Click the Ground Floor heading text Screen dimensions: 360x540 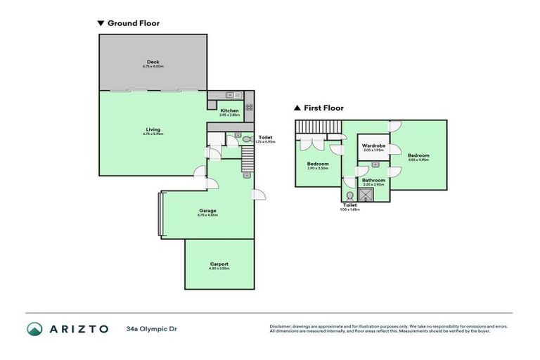[x=133, y=23]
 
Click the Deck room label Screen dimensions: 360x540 [x=153, y=62]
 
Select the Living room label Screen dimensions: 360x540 [x=153, y=130]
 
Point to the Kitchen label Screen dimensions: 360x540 [x=230, y=111]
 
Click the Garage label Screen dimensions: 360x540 [x=207, y=211]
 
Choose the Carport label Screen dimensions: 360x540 [x=219, y=264]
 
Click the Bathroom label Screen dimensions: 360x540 [x=373, y=181]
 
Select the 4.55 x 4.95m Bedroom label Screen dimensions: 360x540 [x=418, y=156]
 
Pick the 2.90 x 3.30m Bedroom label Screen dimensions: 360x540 [x=318, y=165]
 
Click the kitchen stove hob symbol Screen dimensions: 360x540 [x=249, y=108]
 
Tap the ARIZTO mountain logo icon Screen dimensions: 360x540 [x=35, y=328]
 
